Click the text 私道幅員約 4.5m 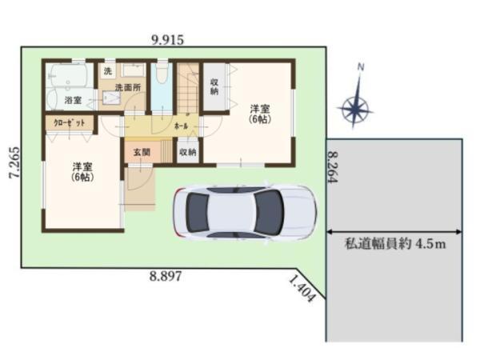point(394,243)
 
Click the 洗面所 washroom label point(125,86)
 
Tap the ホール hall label point(181,126)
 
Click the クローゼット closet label point(69,123)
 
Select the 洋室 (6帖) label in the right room point(259,113)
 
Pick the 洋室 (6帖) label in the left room point(82,172)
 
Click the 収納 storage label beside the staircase point(214,86)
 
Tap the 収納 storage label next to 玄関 point(187,150)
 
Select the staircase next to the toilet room point(189,90)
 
